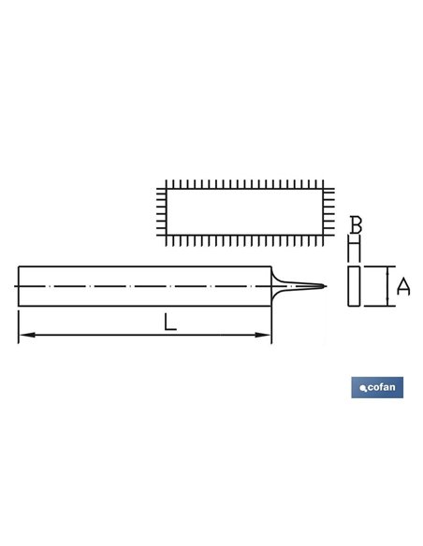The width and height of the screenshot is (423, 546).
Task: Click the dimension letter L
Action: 168,323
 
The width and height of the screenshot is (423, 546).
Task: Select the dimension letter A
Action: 403,287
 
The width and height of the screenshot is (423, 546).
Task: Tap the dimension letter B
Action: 355,225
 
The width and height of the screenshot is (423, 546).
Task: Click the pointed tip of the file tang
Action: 324,286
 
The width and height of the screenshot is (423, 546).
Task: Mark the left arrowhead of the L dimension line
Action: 22,335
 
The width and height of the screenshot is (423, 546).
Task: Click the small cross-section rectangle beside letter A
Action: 355,286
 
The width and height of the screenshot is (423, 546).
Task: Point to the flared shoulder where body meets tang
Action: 275,286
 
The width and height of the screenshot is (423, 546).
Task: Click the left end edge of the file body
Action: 18,286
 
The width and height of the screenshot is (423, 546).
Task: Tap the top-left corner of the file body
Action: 18,266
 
